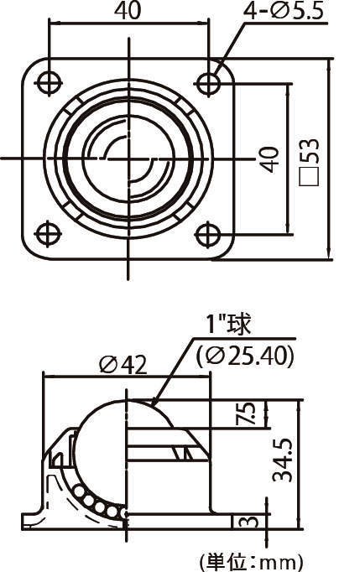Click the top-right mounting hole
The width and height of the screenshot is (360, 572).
click(208, 81)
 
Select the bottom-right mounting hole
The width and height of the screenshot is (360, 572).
click(208, 232)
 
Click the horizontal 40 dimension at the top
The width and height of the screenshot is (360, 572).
click(128, 11)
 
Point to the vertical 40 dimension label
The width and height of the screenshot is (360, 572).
click(268, 159)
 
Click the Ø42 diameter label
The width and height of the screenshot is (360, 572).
click(123, 363)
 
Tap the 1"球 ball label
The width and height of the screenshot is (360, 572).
click(227, 323)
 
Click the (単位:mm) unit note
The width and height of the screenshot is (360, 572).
click(250, 560)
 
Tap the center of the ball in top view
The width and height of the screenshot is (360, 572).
click(128, 156)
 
